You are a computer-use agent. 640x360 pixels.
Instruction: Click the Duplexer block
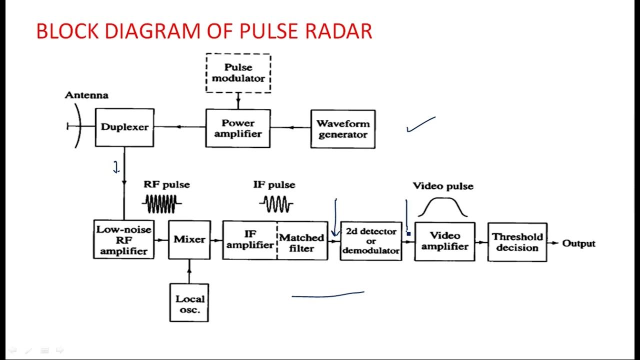[x=124, y=127]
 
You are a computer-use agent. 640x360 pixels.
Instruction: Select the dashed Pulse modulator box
[x=238, y=73]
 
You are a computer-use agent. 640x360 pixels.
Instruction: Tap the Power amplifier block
[x=238, y=128]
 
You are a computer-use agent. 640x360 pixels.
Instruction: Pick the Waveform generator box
[x=342, y=129]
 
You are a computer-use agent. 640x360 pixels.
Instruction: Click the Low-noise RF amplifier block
[x=123, y=240]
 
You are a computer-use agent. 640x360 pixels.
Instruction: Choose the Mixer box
[x=189, y=240]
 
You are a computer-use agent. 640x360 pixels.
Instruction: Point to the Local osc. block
[x=189, y=302]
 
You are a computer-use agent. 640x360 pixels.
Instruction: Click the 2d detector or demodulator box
[x=371, y=241]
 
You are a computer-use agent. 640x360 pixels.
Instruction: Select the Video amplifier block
[x=444, y=241]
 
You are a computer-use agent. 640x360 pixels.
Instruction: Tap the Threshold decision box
[x=517, y=242]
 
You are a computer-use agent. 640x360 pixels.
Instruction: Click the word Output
[x=579, y=243]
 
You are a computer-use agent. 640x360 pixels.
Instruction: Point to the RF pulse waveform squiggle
[x=161, y=203]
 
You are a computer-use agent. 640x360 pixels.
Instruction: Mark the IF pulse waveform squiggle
[x=276, y=203]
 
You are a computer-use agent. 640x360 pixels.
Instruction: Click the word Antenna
[x=86, y=95]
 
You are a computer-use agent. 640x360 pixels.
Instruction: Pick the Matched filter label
[x=301, y=242]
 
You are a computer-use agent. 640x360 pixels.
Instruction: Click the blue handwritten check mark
[x=420, y=124]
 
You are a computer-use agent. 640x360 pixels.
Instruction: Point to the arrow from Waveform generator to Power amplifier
[x=290, y=127]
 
